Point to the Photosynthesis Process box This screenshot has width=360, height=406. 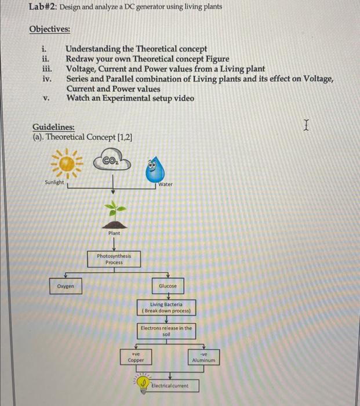(114, 259)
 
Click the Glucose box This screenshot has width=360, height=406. (168, 286)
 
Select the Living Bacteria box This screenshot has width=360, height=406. (166, 307)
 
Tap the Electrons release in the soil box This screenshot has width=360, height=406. (166, 331)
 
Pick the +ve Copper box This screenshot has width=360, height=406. (136, 357)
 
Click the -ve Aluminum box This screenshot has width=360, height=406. (203, 357)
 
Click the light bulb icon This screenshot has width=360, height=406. (142, 383)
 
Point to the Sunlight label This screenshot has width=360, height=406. (54, 183)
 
